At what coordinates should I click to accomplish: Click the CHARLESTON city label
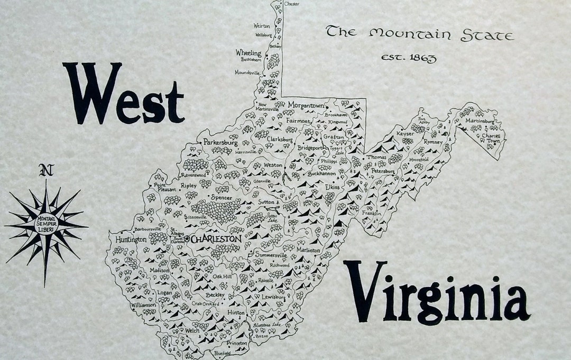pyautogui.click(x=217, y=239)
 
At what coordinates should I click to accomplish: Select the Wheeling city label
pyautogui.click(x=248, y=53)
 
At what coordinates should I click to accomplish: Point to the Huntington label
pyautogui.click(x=131, y=240)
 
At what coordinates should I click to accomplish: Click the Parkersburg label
pyautogui.click(x=220, y=142)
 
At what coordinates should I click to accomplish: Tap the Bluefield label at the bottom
pyautogui.click(x=223, y=353)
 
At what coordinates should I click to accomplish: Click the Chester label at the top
pyautogui.click(x=291, y=4)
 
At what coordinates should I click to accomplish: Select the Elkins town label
pyautogui.click(x=332, y=187)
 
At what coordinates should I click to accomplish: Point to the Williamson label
pyautogui.click(x=143, y=305)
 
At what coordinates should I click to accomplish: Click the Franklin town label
pyautogui.click(x=372, y=213)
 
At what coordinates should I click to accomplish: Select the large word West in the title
pyautogui.click(x=123, y=94)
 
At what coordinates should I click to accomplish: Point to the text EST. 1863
pyautogui.click(x=409, y=58)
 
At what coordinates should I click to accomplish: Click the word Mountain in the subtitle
pyautogui.click(x=410, y=34)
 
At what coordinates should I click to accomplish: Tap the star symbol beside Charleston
pyautogui.click(x=187, y=239)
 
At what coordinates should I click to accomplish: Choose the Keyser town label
pyautogui.click(x=405, y=134)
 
